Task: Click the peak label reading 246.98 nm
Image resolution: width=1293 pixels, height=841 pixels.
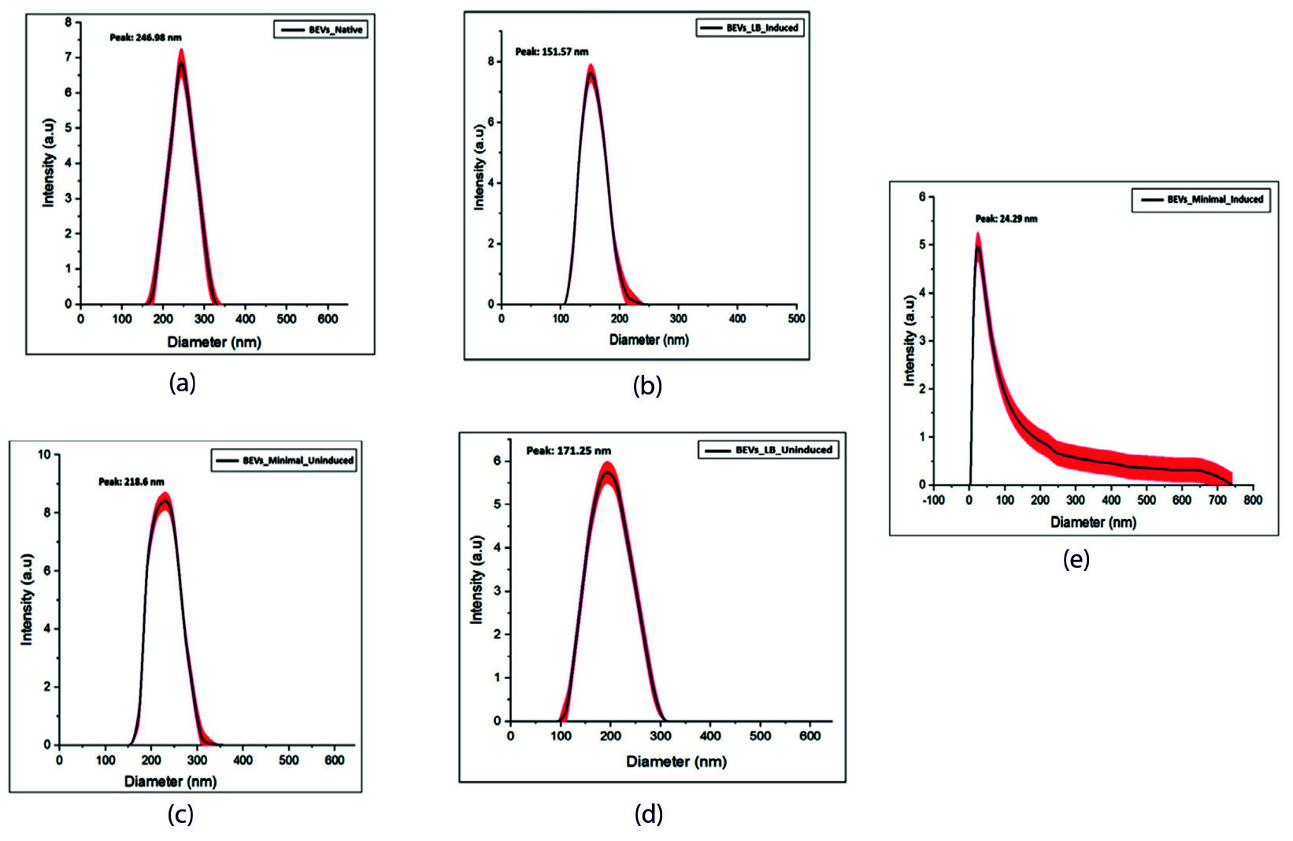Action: coord(145,37)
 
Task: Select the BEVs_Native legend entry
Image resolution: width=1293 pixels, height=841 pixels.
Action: coord(320,30)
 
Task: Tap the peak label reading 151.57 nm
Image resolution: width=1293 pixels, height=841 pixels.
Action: coord(551,52)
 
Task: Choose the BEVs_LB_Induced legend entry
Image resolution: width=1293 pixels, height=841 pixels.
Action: coord(750,28)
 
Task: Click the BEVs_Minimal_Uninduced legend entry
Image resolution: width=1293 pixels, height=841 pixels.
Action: coord(284,460)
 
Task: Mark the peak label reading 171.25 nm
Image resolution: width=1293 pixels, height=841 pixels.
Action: coord(569,450)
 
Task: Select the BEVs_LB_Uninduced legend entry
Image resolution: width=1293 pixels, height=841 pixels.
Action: coord(768,450)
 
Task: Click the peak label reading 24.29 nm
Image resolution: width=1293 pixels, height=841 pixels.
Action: coord(1006,219)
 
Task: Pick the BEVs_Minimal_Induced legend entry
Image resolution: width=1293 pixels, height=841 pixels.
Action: coord(1201,199)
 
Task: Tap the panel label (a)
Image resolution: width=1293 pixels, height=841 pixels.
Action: coord(183,383)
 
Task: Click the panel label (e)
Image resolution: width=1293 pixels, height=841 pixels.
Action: coord(1076,560)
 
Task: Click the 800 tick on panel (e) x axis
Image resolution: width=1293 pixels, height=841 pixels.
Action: coord(1253,500)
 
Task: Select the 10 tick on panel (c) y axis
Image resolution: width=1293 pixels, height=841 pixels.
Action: coord(44,454)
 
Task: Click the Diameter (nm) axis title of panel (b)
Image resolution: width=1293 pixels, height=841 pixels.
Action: coord(649,340)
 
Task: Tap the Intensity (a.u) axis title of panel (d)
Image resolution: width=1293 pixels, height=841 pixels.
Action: coord(477,580)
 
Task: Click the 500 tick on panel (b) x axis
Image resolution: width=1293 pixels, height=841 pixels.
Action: coord(796,318)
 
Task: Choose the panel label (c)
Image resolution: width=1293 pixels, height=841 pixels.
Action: coord(180,815)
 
